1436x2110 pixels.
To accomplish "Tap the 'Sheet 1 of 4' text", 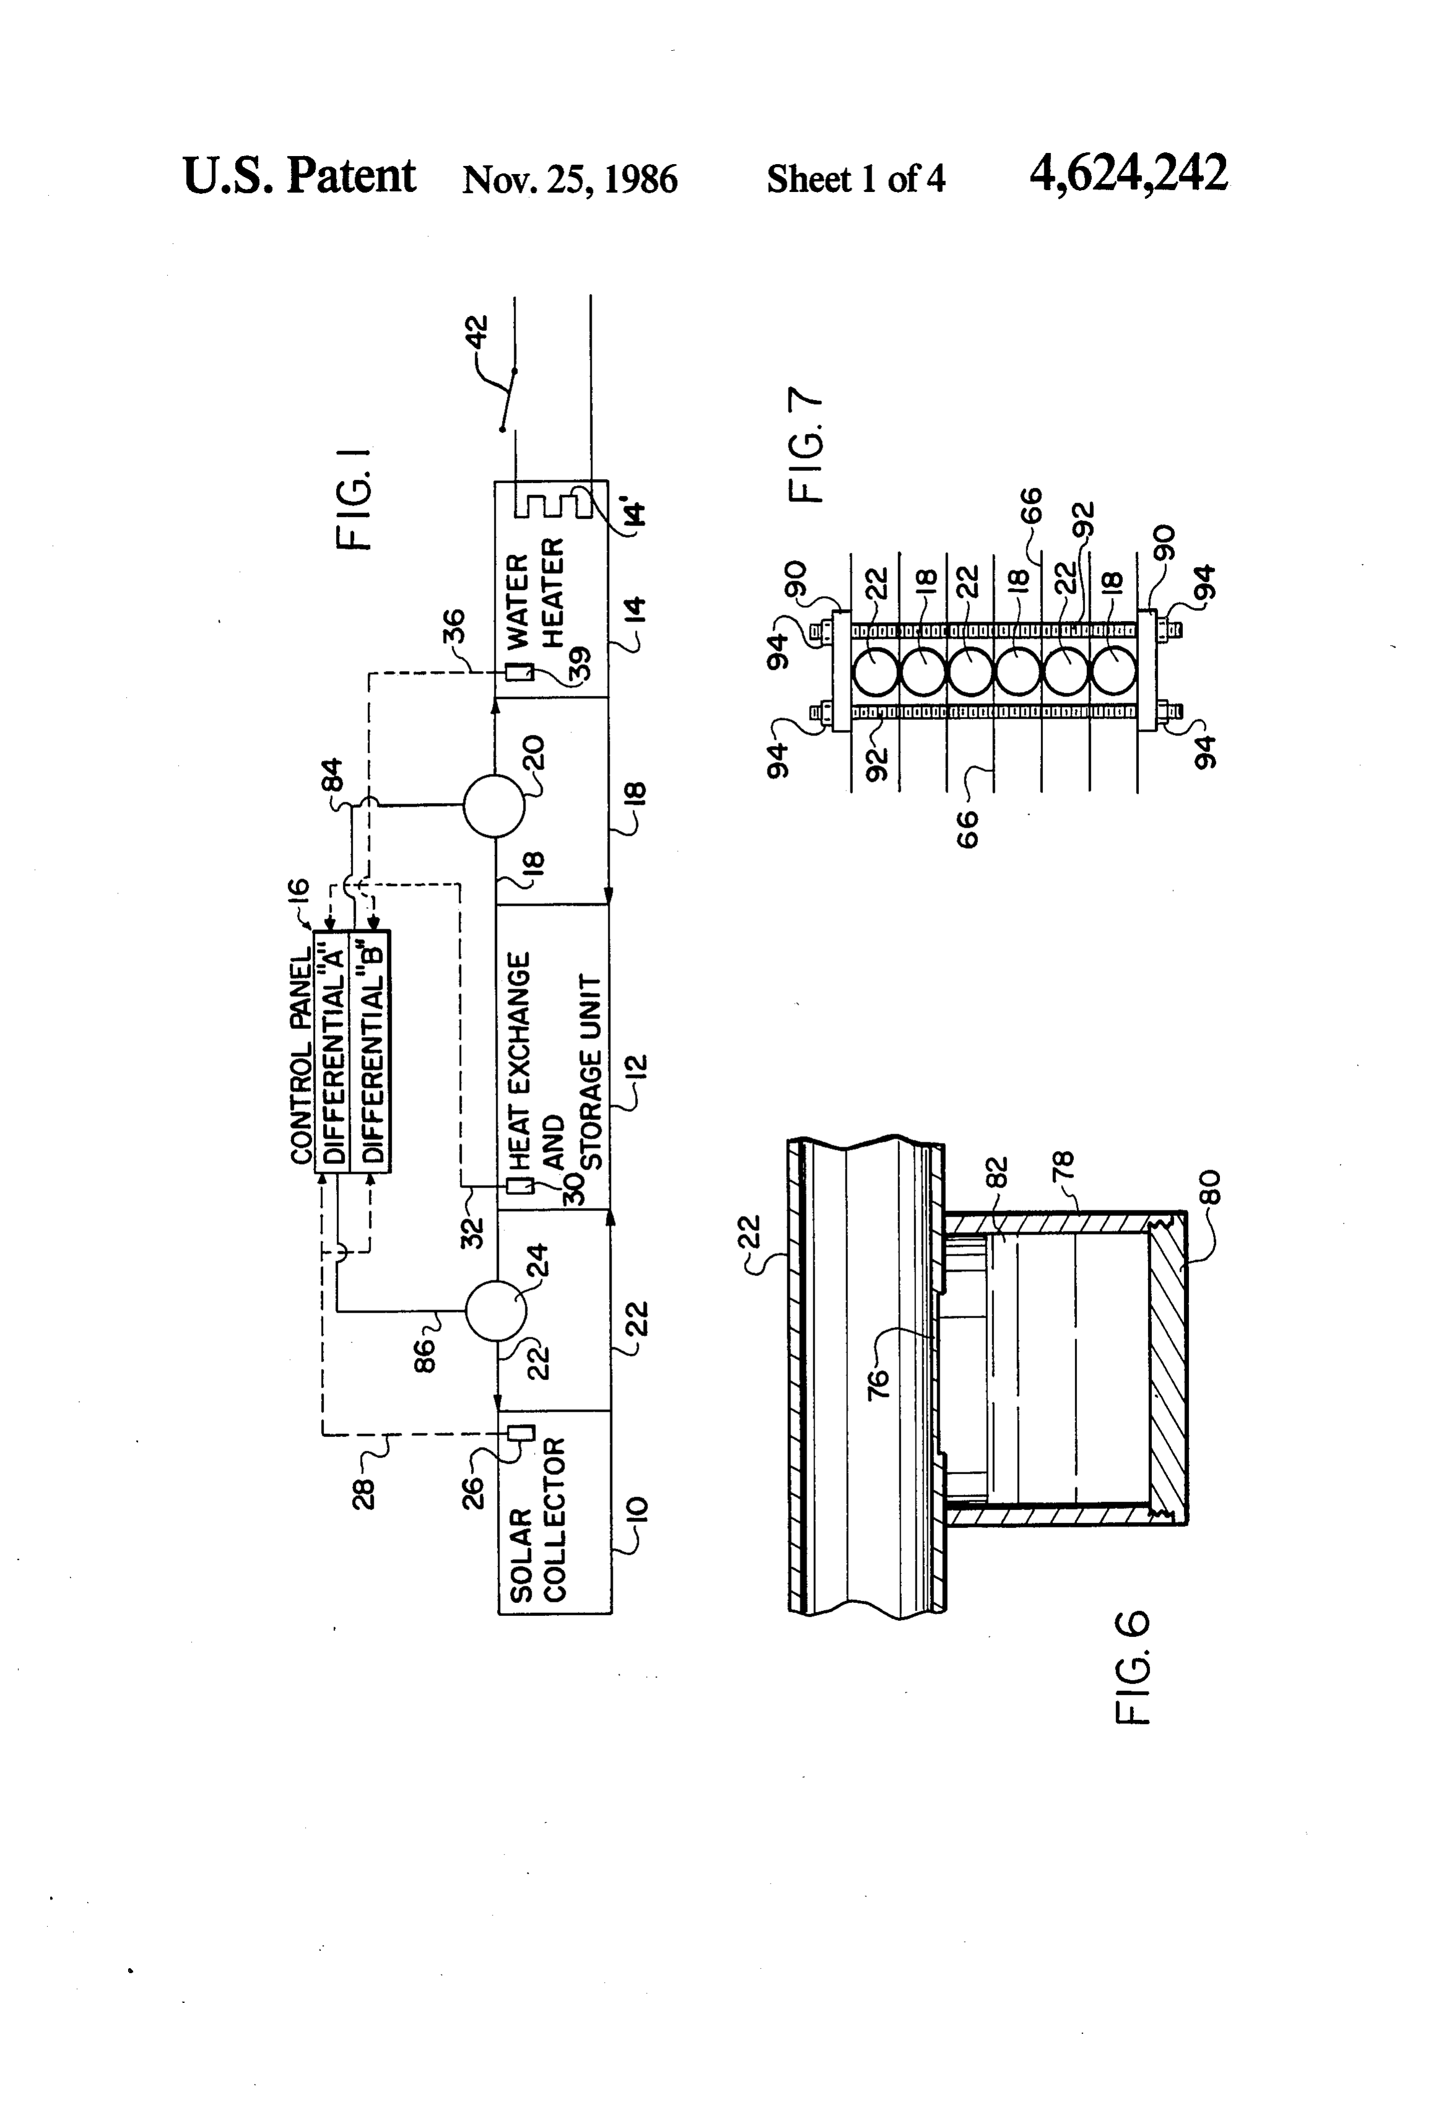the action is (856, 179).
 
